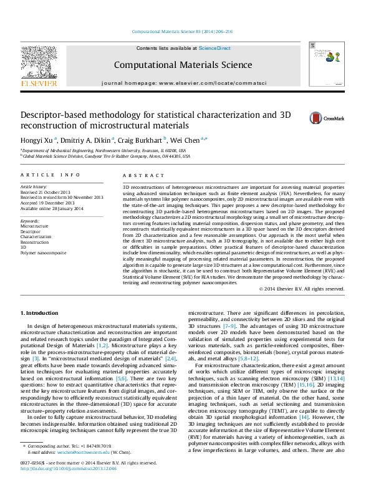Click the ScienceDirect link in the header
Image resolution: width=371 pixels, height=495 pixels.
coord(214,48)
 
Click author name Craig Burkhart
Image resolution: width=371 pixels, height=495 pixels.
coord(143,140)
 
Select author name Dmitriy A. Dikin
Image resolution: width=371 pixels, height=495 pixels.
coord(87,140)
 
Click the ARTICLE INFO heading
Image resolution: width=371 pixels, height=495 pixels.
coord(51,176)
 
